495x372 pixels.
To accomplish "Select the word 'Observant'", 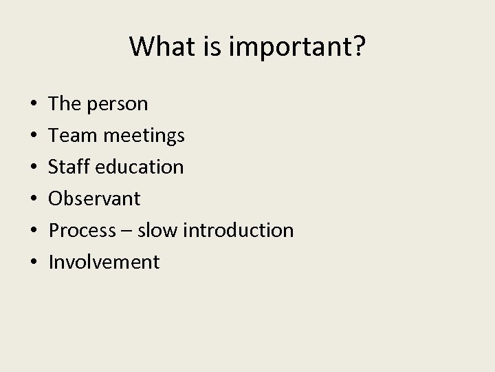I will tap(95, 199).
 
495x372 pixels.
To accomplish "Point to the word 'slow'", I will tap(156, 231).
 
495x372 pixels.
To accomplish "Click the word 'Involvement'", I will tap(104, 262).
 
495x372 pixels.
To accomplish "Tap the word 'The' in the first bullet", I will tap(66, 104).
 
